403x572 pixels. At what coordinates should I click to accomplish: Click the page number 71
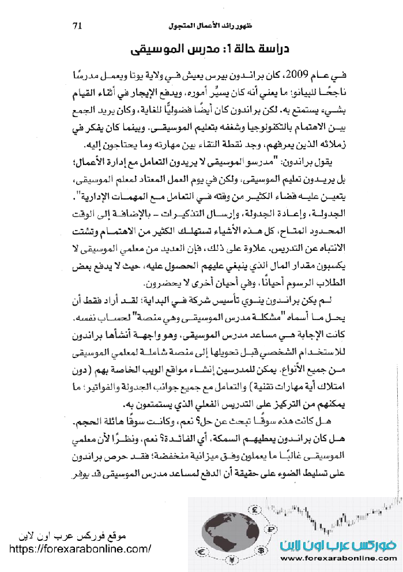click(79, 25)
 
